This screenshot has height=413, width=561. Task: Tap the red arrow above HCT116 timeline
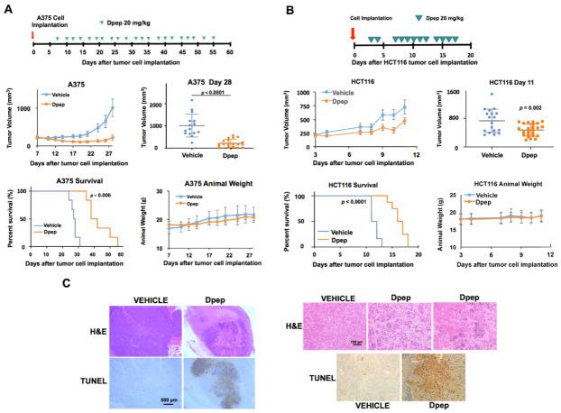[x=353, y=36]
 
